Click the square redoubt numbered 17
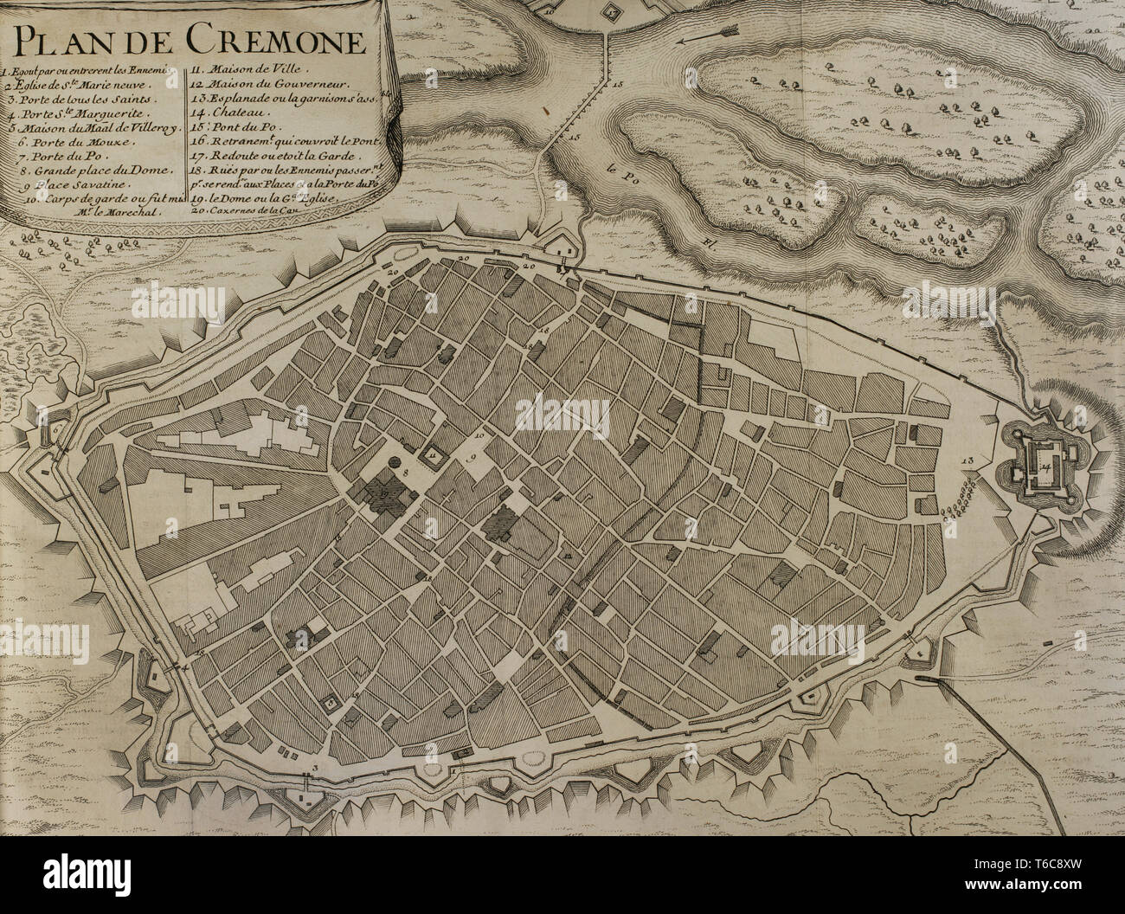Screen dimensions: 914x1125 pyautogui.click(x=612, y=10)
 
